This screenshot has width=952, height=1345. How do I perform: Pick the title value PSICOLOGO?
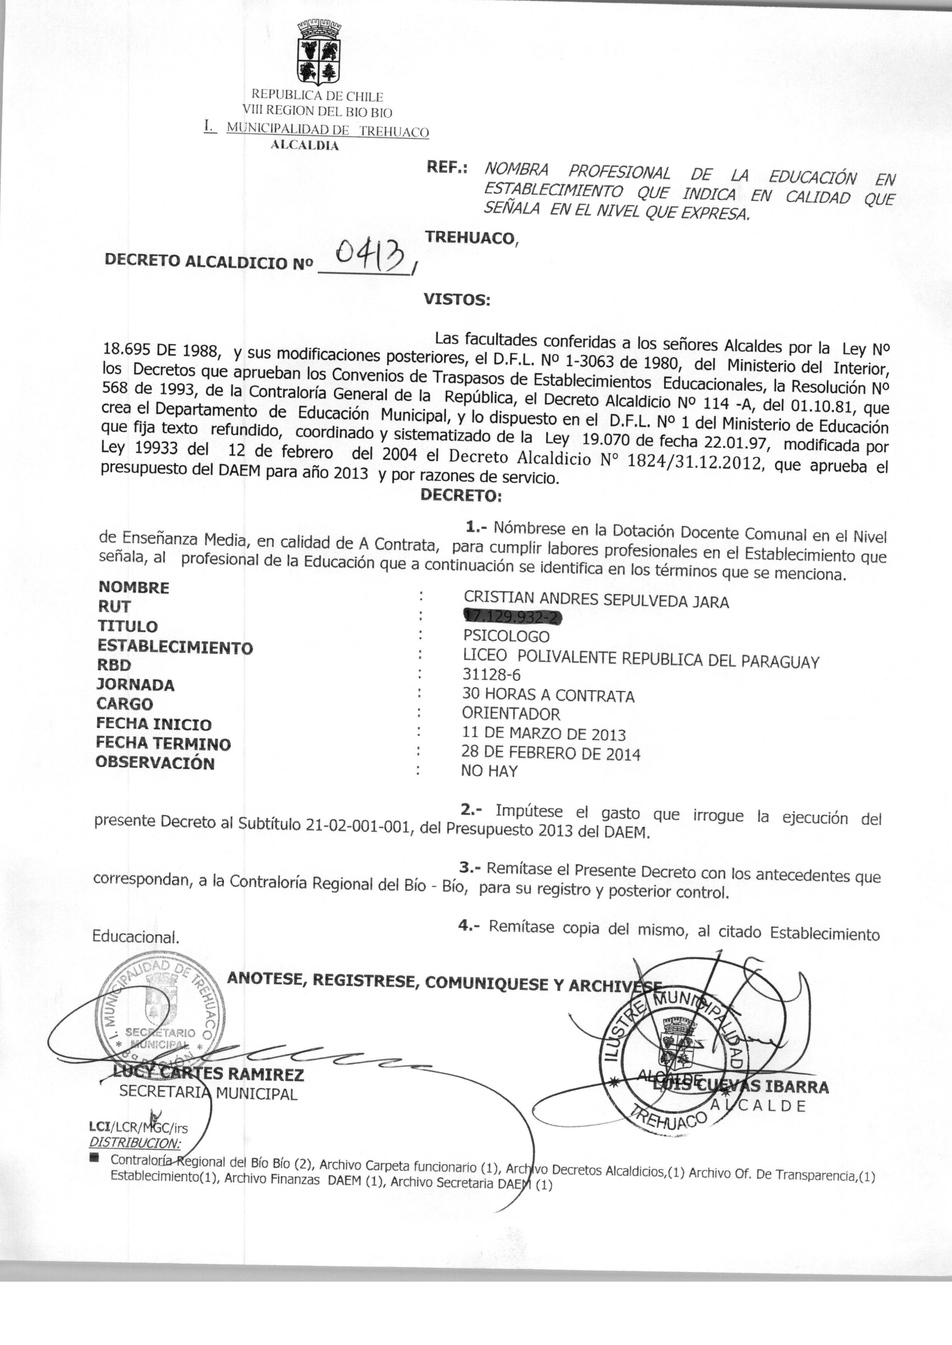point(506,636)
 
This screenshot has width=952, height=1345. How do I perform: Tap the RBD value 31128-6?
point(491,675)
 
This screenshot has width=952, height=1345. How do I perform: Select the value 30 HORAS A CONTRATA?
point(548,695)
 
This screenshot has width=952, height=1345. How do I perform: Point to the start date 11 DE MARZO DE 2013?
point(544,734)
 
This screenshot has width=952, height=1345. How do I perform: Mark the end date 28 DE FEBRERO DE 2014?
point(550,753)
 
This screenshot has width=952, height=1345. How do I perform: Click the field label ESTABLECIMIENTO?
point(175,647)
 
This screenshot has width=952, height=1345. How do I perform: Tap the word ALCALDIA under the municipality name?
point(304,146)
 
